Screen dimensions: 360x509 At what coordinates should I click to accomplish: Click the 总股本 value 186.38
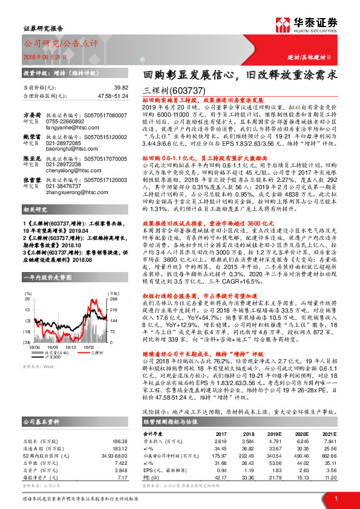(120, 426)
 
